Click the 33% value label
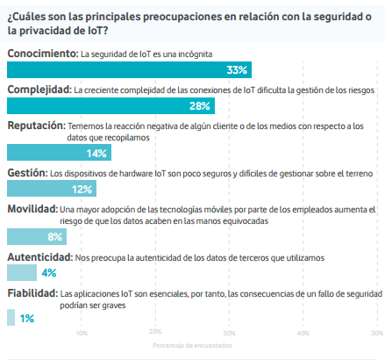pyautogui.click(x=237, y=70)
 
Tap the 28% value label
pyautogui.click(x=200, y=106)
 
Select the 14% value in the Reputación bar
pyautogui.click(x=96, y=154)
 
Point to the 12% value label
pyautogui.click(x=82, y=190)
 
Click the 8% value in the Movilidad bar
pyautogui.click(x=55, y=236)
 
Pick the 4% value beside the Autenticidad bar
pyautogui.click(x=49, y=273)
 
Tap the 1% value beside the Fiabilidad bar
pyautogui.click(x=27, y=318)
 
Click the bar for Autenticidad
pyautogui.click(x=22, y=272)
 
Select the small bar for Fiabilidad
pyautogui.click(x=11, y=317)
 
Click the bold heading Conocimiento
pyautogui.click(x=43, y=54)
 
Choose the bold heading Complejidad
pyautogui.click(x=39, y=90)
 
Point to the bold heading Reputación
pyautogui.click(x=37, y=126)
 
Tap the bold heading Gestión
pyautogui.click(x=27, y=173)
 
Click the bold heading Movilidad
pyautogui.click(x=32, y=209)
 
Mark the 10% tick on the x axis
pyautogui.click(x=82, y=333)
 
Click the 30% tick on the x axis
pyautogui.click(x=229, y=333)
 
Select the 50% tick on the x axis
pyautogui.click(x=377, y=333)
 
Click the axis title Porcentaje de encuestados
pyautogui.click(x=192, y=346)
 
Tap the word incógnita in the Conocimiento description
pyautogui.click(x=195, y=54)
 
